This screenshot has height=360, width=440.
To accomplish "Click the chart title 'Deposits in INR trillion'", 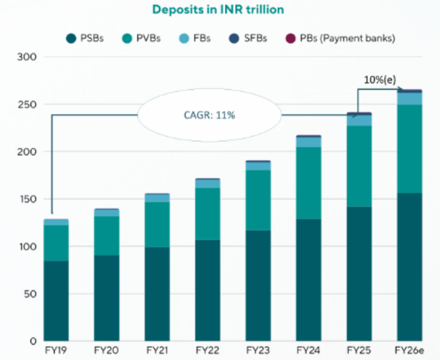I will tap(218, 10).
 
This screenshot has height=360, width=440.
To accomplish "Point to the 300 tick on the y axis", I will tap(28, 58).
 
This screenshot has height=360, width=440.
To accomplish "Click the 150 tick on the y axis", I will tap(28, 199).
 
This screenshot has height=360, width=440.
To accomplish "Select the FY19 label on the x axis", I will tap(56, 349).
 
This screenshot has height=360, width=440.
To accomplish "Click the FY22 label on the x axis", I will tap(207, 349).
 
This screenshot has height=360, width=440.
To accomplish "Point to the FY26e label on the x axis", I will tap(409, 349).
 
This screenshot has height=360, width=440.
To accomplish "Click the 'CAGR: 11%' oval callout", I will tap(209, 115).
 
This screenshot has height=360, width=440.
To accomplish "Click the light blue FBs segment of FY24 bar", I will tap(309, 142).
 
